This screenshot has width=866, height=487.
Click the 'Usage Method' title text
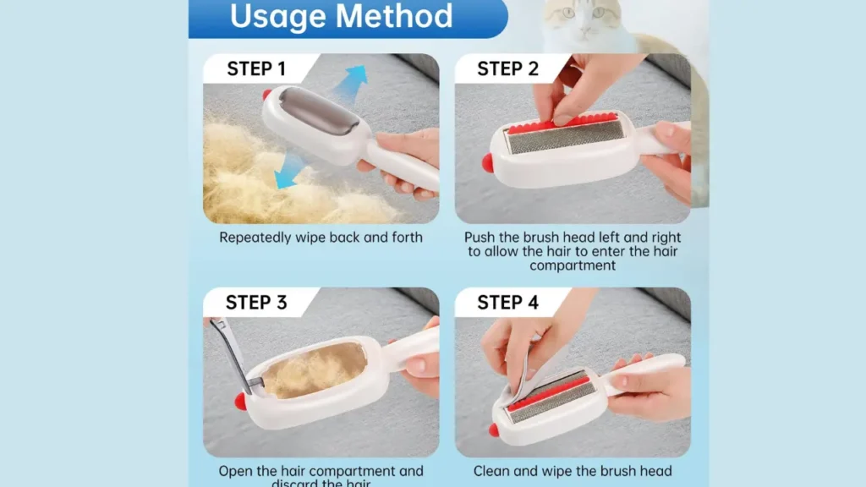coord(341,16)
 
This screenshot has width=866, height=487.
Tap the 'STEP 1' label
coord(261,68)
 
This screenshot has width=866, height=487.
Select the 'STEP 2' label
coord(507,68)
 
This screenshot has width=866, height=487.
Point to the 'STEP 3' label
coord(256,302)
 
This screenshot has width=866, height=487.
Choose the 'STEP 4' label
coord(507,302)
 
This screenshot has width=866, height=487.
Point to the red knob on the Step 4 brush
coord(493,430)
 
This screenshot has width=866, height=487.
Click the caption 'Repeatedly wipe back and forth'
coord(321,238)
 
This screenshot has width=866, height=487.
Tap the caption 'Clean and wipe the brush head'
coord(573,471)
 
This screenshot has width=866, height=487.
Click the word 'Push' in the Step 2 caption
coord(481,238)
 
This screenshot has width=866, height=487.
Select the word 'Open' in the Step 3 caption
coord(237,471)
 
